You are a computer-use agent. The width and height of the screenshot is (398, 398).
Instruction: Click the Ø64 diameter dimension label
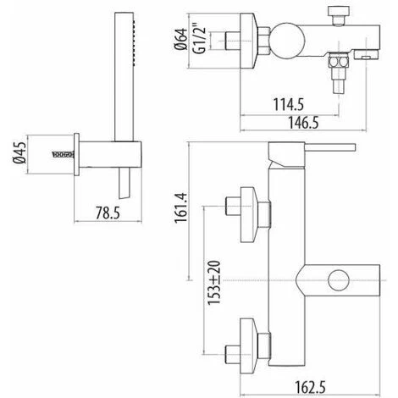(x=181, y=39)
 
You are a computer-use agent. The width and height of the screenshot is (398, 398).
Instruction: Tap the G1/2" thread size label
(x=199, y=41)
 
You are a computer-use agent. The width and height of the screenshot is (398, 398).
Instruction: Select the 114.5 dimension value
(x=288, y=104)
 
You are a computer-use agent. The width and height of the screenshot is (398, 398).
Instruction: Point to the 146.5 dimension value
(x=303, y=123)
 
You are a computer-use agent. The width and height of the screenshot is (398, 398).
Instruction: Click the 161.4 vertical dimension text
(x=181, y=208)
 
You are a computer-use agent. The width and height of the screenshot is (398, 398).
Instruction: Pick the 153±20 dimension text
(x=214, y=283)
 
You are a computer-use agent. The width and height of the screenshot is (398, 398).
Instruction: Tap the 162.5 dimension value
(x=310, y=387)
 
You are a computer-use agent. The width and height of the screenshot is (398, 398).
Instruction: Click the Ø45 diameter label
(x=19, y=152)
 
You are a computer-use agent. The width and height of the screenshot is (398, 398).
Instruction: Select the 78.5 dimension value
(x=108, y=213)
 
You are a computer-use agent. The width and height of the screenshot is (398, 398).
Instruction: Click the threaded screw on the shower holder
(x=63, y=154)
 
